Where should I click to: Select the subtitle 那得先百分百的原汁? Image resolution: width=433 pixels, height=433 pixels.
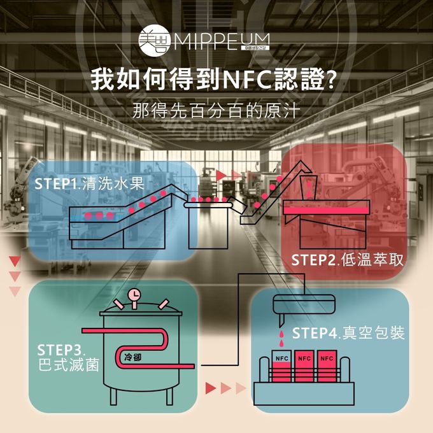[x=216, y=108]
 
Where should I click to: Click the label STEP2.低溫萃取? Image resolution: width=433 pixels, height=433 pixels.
[x=348, y=260]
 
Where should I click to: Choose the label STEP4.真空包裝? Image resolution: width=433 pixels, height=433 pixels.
[x=348, y=333]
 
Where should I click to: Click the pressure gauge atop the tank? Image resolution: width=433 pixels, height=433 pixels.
[x=135, y=295]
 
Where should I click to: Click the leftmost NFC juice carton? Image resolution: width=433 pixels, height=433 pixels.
[x=281, y=367]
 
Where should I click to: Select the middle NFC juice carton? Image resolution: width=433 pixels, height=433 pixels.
[x=304, y=367]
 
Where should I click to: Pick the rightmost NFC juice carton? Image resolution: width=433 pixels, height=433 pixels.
[x=326, y=367]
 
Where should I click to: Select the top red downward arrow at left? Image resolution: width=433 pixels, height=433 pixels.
[x=15, y=261]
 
